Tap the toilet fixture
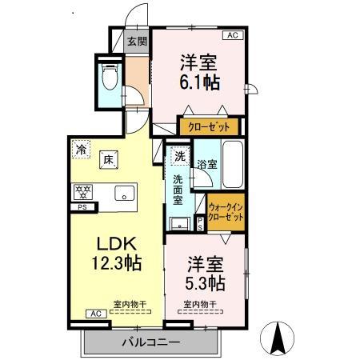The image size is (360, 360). [x=110, y=76]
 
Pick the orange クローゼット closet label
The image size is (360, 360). [x=209, y=126]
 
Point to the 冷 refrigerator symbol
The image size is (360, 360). [x=81, y=147]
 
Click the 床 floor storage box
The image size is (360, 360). [x=108, y=158]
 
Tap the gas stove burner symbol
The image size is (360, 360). [x=82, y=192]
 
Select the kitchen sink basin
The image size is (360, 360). [x=125, y=192]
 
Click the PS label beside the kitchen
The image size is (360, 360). [x=82, y=208]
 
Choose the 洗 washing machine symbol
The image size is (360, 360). [x=179, y=154]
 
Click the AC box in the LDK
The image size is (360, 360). [x=94, y=314]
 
